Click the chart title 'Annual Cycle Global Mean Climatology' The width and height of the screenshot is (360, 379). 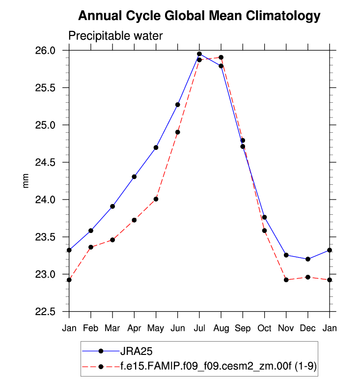point(199,16)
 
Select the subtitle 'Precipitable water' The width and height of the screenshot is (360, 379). point(115,36)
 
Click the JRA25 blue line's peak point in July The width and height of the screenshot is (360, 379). point(199,54)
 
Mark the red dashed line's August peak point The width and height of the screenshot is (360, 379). point(221,58)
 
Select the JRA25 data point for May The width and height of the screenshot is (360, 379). point(156,147)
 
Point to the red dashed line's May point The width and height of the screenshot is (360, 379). point(156,199)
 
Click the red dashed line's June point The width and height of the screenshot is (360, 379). point(178,132)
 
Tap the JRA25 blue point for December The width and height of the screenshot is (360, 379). point(308,259)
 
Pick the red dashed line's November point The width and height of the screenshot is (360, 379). point(286,280)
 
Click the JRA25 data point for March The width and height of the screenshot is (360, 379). point(112,206)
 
